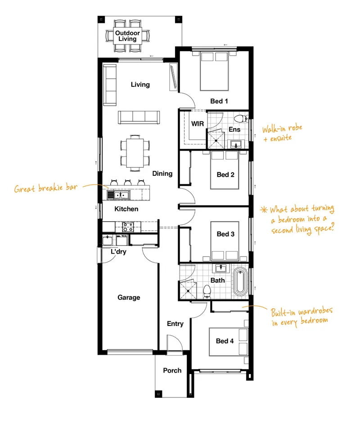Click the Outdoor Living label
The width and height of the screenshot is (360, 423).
coord(127,36)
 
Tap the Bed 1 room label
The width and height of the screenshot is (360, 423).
coord(219,101)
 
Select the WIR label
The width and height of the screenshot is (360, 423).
coord(198,124)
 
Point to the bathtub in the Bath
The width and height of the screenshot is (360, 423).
coord(240,282)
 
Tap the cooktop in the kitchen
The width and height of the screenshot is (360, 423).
coord(128,227)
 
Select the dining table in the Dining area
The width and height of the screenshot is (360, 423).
coord(135,153)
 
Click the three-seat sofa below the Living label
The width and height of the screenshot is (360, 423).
coord(139,117)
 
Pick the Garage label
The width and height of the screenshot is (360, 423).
coord(129,297)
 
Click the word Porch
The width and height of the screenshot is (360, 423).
coord(172,370)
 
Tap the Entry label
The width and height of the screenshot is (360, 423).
coord(175,324)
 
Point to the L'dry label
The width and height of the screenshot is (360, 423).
coord(118,252)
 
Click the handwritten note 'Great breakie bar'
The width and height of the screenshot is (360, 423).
coord(46,188)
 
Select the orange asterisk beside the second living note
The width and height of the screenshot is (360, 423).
coord(264,209)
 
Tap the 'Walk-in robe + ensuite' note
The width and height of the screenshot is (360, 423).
coord(282,133)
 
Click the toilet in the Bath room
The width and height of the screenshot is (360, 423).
coord(207,291)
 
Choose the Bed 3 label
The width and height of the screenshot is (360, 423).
coord(225,234)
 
